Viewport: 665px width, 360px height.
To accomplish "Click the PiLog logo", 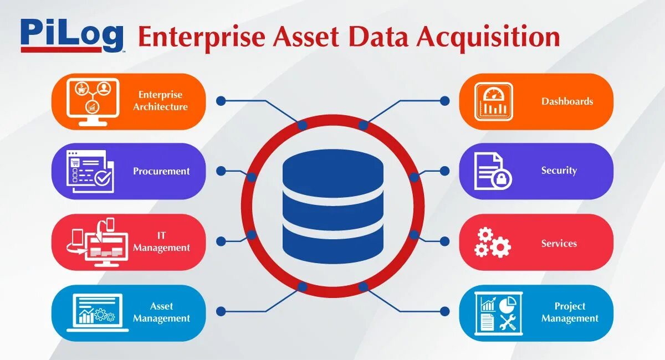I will pyautogui.click(x=71, y=35).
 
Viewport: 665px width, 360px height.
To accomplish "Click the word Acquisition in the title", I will pyautogui.click(x=488, y=38).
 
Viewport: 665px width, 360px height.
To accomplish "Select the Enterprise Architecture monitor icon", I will pyautogui.click(x=93, y=102).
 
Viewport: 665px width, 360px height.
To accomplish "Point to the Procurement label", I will pyautogui.click(x=161, y=171).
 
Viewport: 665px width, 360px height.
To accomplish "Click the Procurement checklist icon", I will pyautogui.click(x=90, y=172).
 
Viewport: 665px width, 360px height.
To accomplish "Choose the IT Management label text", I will pyautogui.click(x=161, y=242).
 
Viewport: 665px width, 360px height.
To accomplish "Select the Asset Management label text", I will pyautogui.click(x=161, y=312).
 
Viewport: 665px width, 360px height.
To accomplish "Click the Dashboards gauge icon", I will pyautogui.click(x=493, y=102).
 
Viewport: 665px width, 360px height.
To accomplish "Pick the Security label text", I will pyautogui.click(x=559, y=171).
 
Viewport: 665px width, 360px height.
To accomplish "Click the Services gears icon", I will pyautogui.click(x=492, y=243).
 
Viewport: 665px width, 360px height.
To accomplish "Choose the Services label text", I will pyautogui.click(x=559, y=243).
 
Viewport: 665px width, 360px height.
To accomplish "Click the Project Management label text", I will pyautogui.click(x=570, y=312).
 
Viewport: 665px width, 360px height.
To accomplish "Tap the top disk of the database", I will pyautogui.click(x=332, y=169).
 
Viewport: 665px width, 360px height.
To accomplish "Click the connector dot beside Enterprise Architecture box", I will pyautogui.click(x=221, y=101).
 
